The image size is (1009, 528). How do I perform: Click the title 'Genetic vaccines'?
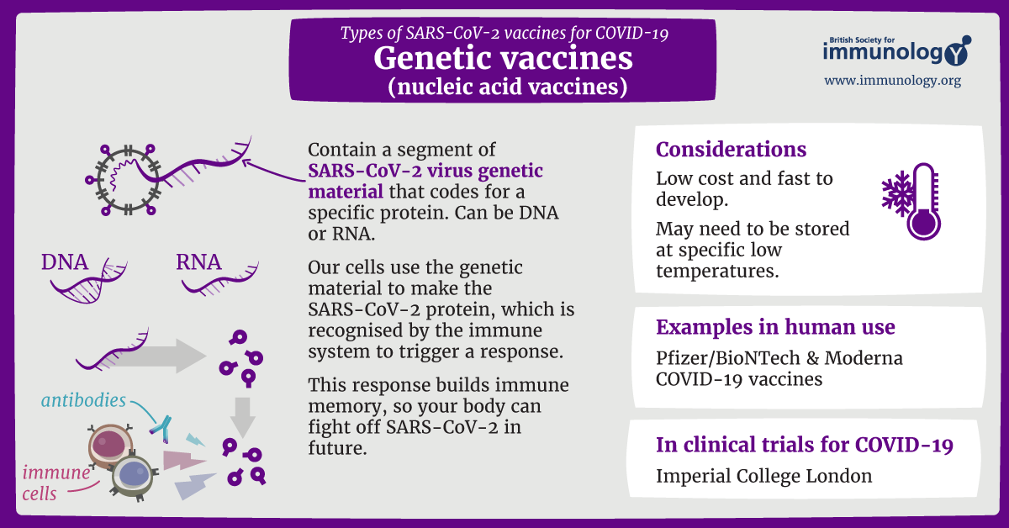(x=503, y=58)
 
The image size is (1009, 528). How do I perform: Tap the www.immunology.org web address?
(x=892, y=81)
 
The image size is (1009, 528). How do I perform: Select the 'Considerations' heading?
(x=731, y=150)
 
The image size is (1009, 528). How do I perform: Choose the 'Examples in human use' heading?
(x=775, y=327)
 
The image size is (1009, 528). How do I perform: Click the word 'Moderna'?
(x=863, y=357)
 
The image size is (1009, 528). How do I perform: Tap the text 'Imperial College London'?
(x=763, y=476)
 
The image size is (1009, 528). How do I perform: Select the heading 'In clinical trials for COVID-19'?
(x=805, y=445)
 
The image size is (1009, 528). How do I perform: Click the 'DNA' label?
(x=65, y=262)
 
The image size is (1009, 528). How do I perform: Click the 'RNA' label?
(x=198, y=262)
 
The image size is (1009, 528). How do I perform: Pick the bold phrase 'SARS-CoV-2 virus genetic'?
(x=426, y=171)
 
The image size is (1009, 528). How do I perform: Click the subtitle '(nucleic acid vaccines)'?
(x=503, y=86)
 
